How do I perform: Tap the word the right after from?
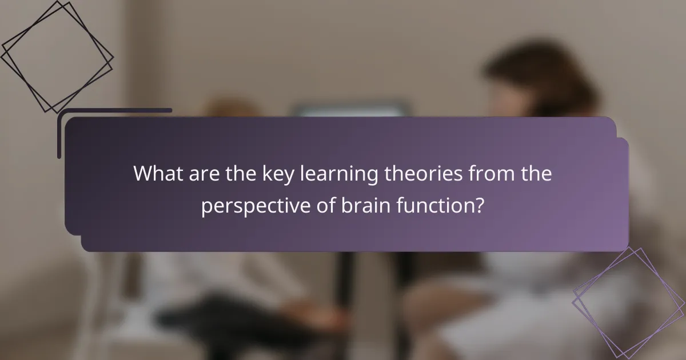(x=535, y=174)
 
